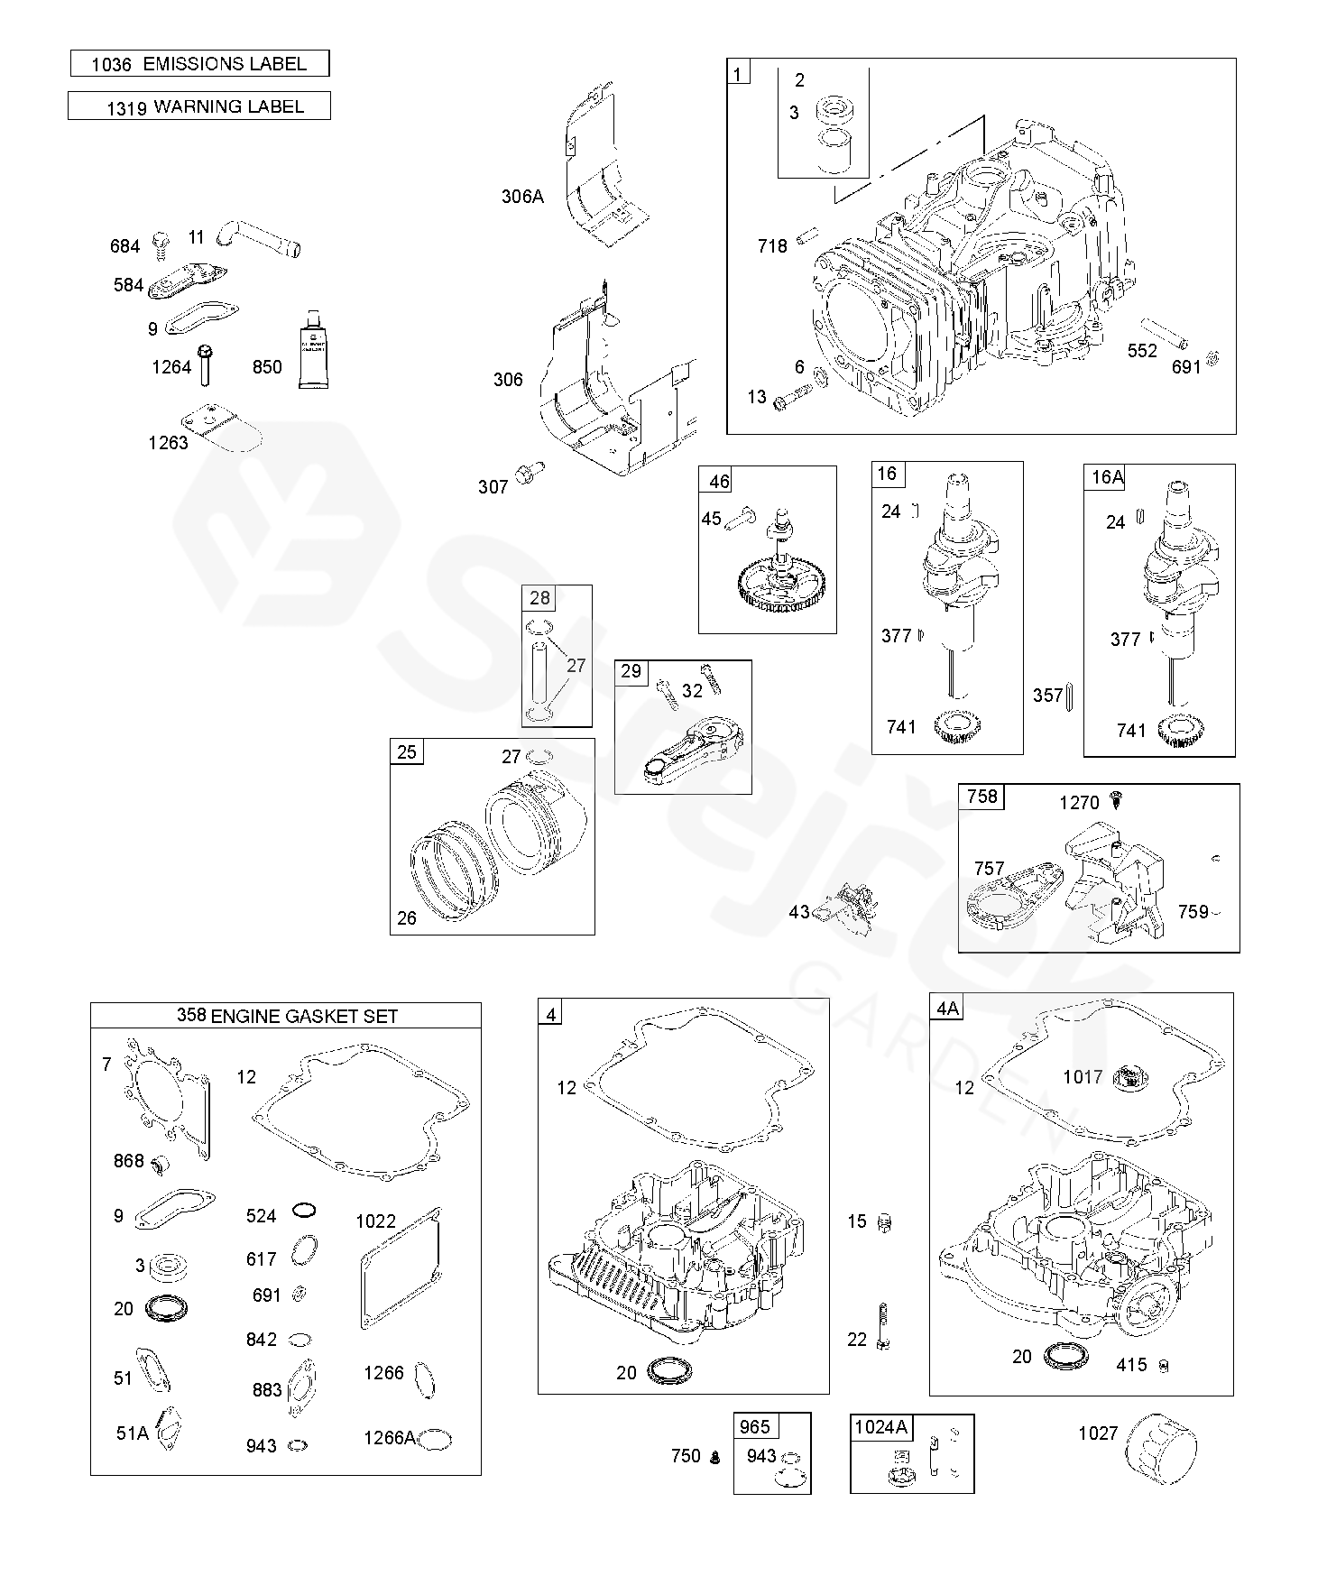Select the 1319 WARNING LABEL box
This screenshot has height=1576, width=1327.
point(199,106)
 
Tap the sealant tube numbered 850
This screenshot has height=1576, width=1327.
point(313,348)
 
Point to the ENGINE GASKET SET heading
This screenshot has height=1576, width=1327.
point(304,1016)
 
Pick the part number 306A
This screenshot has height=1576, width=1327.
point(522,196)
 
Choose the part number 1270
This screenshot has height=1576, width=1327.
point(1079,802)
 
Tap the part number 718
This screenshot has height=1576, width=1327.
point(772,245)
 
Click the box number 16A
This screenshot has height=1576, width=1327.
point(1107,477)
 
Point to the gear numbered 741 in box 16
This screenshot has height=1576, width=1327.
point(957,725)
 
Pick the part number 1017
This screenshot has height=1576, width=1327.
point(1082,1076)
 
